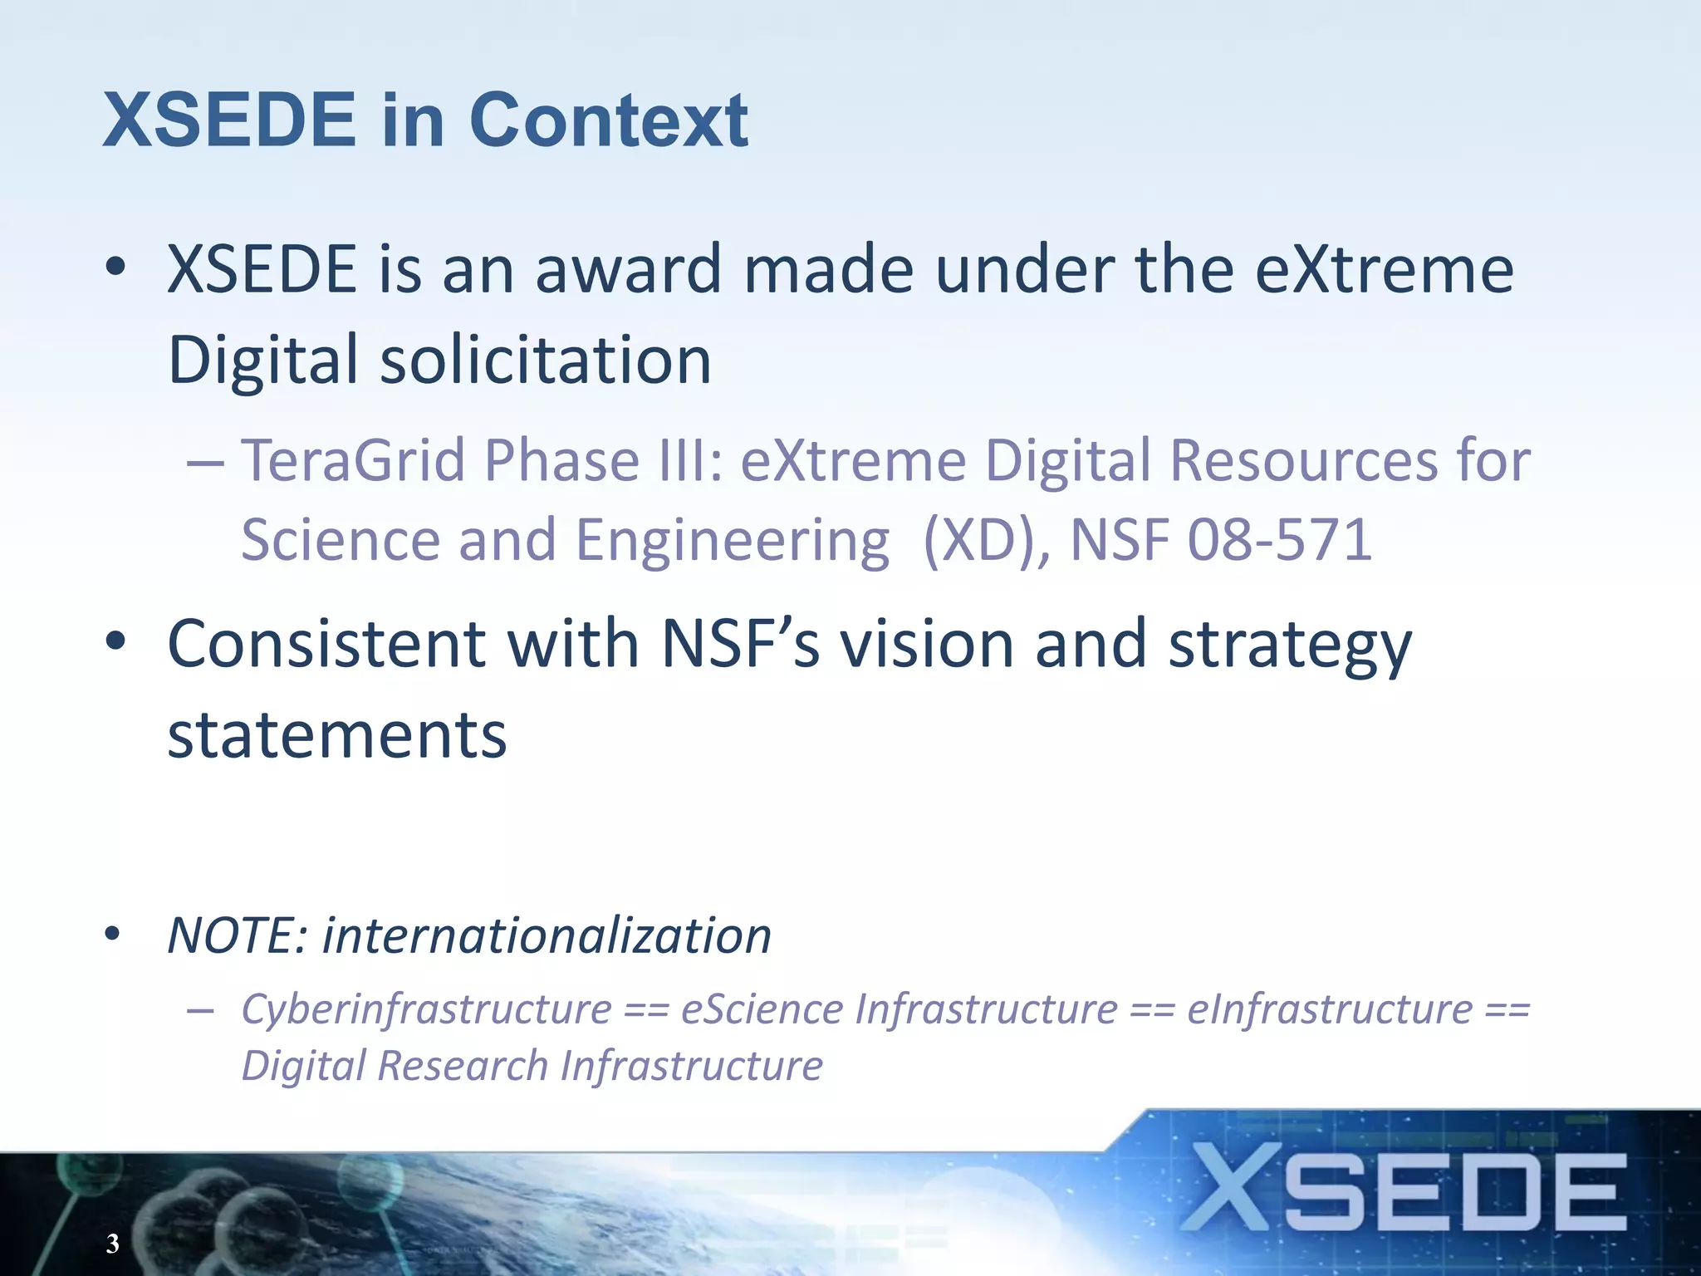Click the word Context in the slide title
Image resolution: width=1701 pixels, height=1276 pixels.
[609, 121]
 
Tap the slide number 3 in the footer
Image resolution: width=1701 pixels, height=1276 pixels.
[112, 1244]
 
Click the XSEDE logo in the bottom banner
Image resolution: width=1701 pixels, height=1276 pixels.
[1404, 1189]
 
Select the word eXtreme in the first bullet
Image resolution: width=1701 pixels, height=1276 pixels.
[1385, 270]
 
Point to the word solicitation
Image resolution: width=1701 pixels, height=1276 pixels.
[546, 361]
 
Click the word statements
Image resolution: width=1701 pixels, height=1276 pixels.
[337, 736]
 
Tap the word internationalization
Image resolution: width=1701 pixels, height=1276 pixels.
[547, 936]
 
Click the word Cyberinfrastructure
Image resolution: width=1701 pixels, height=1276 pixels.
[426, 1010]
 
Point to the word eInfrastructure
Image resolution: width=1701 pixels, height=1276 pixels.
[1330, 1010]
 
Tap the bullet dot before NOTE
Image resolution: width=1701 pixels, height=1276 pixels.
[113, 934]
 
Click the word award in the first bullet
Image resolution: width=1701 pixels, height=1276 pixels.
[629, 270]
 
